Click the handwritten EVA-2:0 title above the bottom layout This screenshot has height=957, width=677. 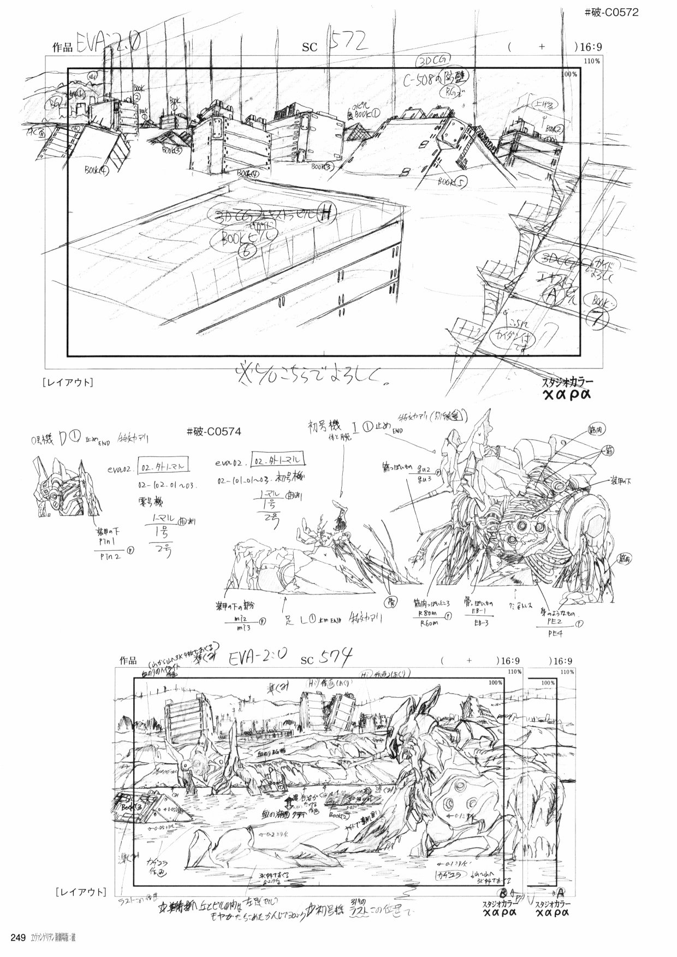tap(254, 657)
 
